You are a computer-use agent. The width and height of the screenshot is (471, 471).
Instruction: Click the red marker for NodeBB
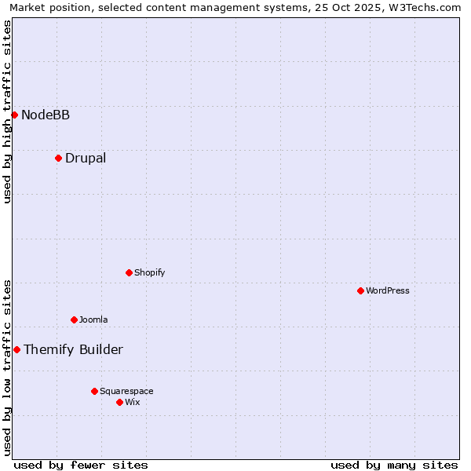click(x=14, y=115)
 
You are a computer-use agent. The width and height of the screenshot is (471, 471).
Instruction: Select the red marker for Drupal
click(x=58, y=158)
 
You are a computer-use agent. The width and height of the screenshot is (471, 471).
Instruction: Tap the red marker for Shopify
click(x=129, y=272)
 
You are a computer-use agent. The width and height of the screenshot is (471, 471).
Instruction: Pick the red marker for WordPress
click(x=360, y=290)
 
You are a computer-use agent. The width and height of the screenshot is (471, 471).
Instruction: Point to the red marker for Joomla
click(x=74, y=319)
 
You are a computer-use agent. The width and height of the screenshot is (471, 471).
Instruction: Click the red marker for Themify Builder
click(x=16, y=349)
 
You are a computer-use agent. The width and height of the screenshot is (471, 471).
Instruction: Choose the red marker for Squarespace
click(x=94, y=391)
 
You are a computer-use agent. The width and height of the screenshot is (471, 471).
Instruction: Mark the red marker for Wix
click(x=119, y=402)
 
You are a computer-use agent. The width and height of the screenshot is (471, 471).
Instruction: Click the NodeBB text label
click(x=46, y=115)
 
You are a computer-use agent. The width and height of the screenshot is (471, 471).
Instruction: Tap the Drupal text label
click(x=86, y=159)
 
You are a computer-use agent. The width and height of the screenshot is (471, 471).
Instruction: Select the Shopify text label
click(x=149, y=273)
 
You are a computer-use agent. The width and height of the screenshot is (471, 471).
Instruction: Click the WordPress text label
click(x=388, y=291)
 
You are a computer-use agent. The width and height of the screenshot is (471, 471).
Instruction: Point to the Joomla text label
click(x=93, y=320)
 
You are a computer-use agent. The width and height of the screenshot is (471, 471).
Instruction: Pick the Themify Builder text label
click(x=73, y=350)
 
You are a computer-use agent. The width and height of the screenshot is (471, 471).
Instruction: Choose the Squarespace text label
click(x=126, y=392)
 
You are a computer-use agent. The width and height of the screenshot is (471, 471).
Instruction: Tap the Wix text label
click(x=133, y=403)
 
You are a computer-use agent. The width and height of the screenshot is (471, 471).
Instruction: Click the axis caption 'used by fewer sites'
click(x=81, y=465)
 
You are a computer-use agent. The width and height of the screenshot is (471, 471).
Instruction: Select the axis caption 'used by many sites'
click(x=394, y=465)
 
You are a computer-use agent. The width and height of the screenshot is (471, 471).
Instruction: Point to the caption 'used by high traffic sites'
click(x=7, y=112)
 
